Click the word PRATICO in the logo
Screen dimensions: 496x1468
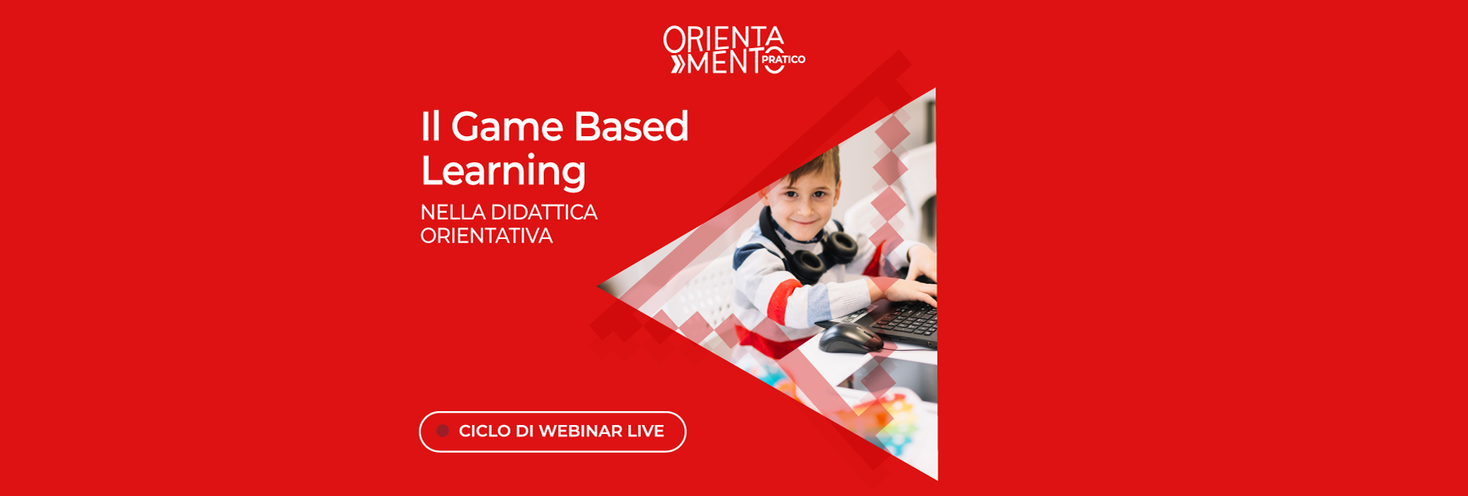click(783, 60)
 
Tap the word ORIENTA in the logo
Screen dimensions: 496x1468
click(723, 38)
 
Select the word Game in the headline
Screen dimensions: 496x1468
click(506, 127)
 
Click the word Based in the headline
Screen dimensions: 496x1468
click(631, 127)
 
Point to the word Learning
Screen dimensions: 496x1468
click(503, 171)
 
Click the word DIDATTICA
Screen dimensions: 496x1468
click(544, 212)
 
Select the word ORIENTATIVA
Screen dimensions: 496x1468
click(486, 236)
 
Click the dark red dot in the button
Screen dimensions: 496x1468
click(443, 431)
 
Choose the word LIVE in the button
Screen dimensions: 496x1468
click(646, 431)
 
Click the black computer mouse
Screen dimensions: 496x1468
click(848, 336)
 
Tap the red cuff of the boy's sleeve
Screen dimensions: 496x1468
click(783, 302)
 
